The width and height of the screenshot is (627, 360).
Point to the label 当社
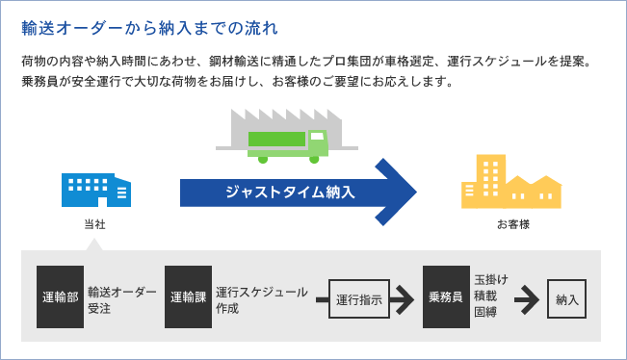point(94,223)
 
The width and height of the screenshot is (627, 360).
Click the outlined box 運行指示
point(357,299)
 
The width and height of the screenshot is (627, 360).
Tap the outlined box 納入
point(566,299)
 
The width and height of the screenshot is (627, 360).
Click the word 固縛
point(484,315)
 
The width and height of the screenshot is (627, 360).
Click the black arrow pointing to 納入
point(526,299)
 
